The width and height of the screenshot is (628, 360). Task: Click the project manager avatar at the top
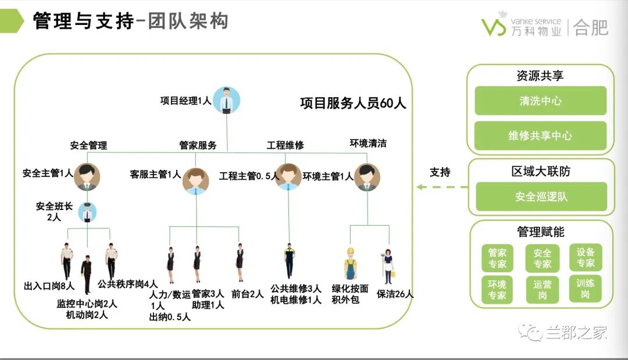[226, 100]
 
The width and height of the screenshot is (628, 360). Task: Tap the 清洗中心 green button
[540, 101]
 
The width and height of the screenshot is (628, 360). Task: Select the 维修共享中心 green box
[540, 136]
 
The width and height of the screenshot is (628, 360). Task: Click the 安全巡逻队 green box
[541, 197]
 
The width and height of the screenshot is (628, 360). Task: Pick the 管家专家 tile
[497, 258]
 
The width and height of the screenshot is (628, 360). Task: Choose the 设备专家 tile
[586, 258]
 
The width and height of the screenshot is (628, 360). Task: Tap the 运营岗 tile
[542, 290]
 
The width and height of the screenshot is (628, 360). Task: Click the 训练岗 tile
[586, 289]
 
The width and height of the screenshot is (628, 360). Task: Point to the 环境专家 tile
[497, 290]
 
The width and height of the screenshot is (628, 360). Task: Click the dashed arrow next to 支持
[442, 187]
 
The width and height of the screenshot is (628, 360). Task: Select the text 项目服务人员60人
[353, 104]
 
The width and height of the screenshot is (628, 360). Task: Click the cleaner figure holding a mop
[388, 266]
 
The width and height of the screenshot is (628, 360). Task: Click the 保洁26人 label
[395, 294]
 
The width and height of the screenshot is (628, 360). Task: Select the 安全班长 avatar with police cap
[87, 213]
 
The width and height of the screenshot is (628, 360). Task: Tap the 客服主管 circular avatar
[196, 180]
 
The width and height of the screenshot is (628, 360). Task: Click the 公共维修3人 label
[296, 288]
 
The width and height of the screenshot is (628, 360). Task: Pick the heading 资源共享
[540, 76]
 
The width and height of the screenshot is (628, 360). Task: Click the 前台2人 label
[248, 294]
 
